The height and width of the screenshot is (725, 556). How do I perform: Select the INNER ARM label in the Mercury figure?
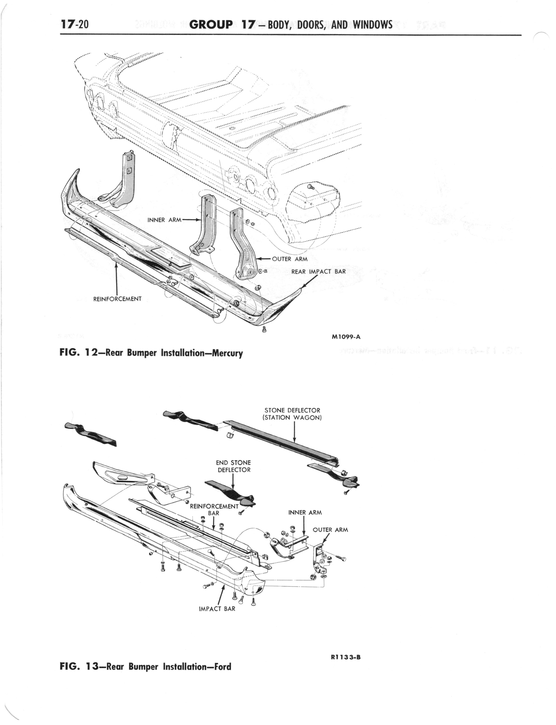tap(164, 220)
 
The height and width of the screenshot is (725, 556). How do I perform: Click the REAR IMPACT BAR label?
tap(318, 272)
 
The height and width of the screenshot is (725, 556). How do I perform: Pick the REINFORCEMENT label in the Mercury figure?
tap(117, 299)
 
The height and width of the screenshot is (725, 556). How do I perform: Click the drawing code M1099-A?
tap(346, 337)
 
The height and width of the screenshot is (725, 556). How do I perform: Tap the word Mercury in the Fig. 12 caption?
tap(228, 353)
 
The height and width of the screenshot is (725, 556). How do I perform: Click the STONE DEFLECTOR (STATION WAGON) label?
tap(292, 414)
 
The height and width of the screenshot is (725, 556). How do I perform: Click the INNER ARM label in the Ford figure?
tap(305, 513)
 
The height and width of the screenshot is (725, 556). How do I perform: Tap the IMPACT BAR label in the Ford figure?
tap(217, 609)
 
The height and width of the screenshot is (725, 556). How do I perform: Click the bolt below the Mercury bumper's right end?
tap(264, 329)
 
